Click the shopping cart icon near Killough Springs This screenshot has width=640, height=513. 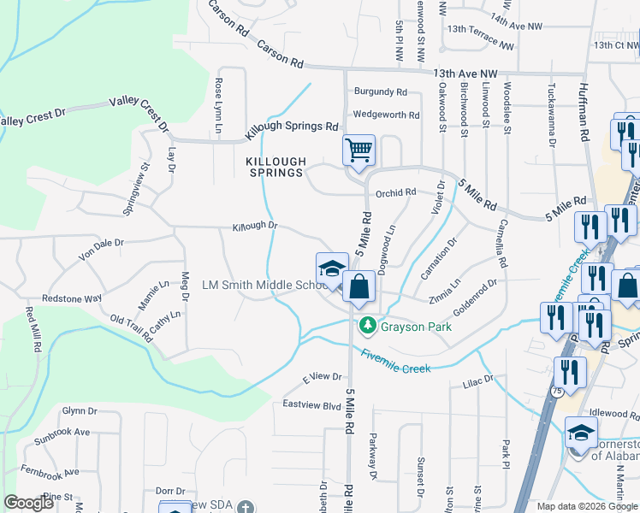pyautogui.click(x=359, y=150)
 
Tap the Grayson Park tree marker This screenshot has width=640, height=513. pyautogui.click(x=367, y=326)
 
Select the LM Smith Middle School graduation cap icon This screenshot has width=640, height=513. pyautogui.click(x=332, y=268)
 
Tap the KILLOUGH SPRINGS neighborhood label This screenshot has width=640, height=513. pyautogui.click(x=276, y=167)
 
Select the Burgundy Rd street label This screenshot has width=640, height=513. pyautogui.click(x=382, y=91)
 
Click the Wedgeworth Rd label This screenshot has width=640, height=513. pyautogui.click(x=386, y=115)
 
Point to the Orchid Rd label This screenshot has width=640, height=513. pyautogui.click(x=395, y=192)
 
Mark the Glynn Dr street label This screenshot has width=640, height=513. pyautogui.click(x=77, y=410)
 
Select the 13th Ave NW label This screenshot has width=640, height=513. pyautogui.click(x=465, y=74)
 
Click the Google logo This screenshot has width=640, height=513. pyautogui.click(x=28, y=504)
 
